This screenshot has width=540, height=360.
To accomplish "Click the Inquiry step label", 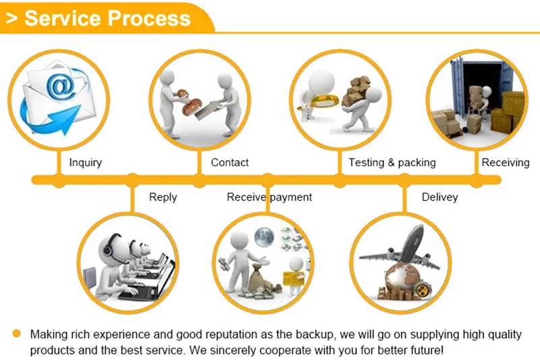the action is click(x=85, y=162).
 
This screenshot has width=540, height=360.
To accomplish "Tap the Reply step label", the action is click(x=163, y=197).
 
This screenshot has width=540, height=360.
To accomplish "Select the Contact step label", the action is click(x=230, y=162).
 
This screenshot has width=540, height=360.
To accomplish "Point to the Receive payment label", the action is click(x=269, y=197).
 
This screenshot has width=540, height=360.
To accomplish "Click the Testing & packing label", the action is click(x=391, y=162).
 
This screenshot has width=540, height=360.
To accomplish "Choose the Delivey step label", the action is click(x=439, y=197).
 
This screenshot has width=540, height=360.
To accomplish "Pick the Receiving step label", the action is click(x=505, y=162).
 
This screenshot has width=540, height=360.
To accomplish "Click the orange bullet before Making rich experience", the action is click(x=17, y=334).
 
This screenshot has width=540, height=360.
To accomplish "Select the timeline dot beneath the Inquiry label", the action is click(x=59, y=180).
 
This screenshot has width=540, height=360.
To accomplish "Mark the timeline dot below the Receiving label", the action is click(x=477, y=180).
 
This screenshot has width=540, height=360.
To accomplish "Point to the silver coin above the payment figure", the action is click(x=263, y=236).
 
